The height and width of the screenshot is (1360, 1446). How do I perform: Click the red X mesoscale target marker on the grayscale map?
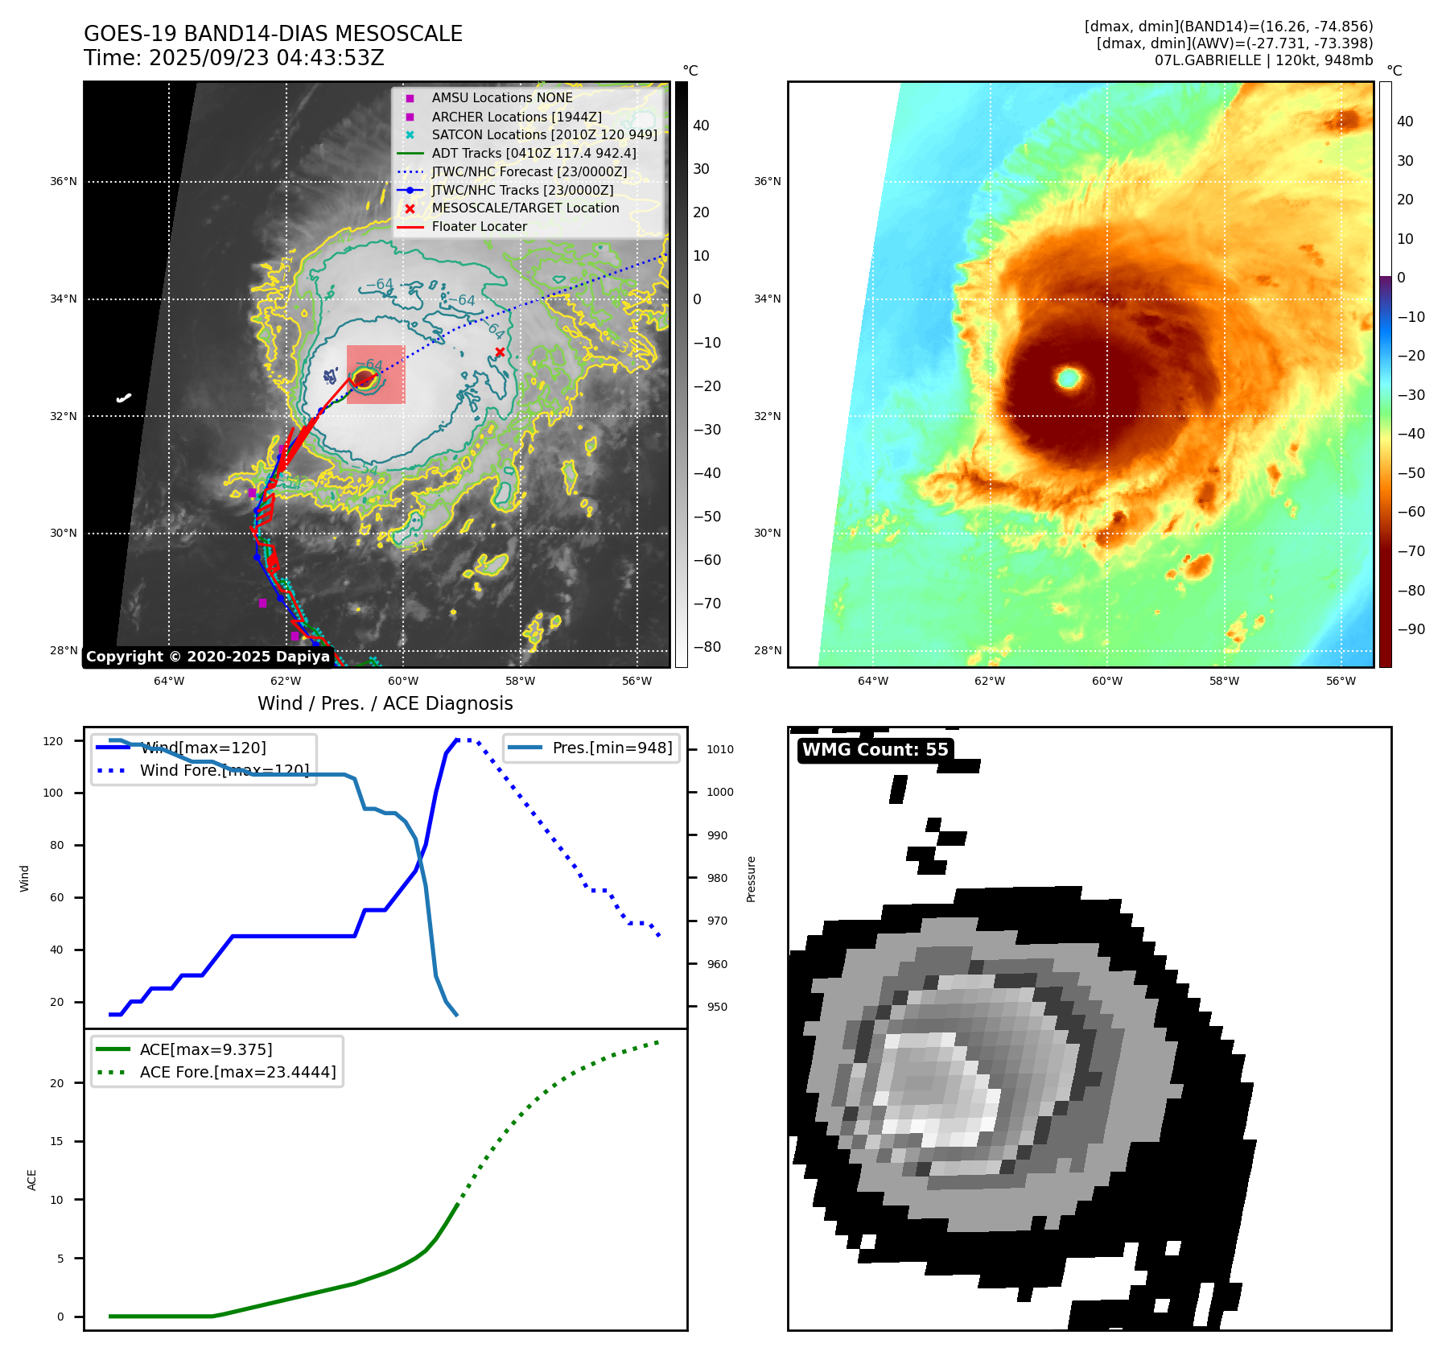(x=500, y=352)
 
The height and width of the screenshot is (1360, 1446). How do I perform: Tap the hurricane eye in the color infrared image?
(x=1069, y=377)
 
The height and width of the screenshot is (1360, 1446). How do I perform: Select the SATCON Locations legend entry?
(x=544, y=134)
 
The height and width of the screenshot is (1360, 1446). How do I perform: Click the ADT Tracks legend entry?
(x=533, y=153)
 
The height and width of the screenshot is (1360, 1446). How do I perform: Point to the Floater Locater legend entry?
(x=479, y=226)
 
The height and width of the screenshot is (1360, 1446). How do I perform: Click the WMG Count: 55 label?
(x=875, y=750)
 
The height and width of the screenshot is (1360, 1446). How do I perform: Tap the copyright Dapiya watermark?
(x=208, y=657)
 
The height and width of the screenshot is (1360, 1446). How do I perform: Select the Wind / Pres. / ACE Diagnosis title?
(x=385, y=703)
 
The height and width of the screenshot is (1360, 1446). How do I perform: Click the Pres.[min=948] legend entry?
(x=612, y=748)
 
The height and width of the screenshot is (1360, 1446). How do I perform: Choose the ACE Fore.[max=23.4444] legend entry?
(x=237, y=1072)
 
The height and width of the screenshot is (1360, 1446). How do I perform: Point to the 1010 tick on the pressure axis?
(x=719, y=749)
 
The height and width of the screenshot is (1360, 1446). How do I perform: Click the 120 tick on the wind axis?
(x=53, y=741)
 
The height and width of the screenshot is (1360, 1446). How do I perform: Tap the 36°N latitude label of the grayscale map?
(x=64, y=182)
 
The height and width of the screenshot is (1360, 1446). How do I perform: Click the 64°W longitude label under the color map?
(x=873, y=681)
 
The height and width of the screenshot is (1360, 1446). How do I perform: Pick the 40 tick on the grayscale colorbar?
(x=701, y=126)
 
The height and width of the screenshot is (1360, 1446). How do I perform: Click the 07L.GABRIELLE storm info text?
(x=1263, y=60)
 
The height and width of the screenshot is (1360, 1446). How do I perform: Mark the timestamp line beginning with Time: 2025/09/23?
(x=234, y=58)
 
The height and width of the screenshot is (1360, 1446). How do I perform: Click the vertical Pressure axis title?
(x=751, y=879)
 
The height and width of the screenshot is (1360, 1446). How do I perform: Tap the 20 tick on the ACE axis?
(x=57, y=1083)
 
